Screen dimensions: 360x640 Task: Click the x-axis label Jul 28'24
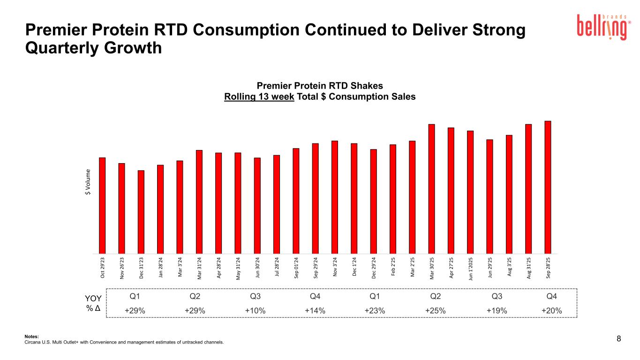coord(277,268)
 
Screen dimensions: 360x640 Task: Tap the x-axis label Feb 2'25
coord(393,268)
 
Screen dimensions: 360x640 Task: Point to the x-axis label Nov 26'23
coord(122,268)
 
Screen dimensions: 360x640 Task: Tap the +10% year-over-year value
coord(256,310)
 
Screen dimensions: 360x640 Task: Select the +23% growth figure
coord(375,310)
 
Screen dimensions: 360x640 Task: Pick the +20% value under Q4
coord(551,310)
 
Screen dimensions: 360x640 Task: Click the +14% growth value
coord(315,310)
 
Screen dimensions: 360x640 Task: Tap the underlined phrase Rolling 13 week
coord(259,97)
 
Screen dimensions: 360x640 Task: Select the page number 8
coord(618,339)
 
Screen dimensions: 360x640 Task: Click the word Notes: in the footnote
coord(31,336)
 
